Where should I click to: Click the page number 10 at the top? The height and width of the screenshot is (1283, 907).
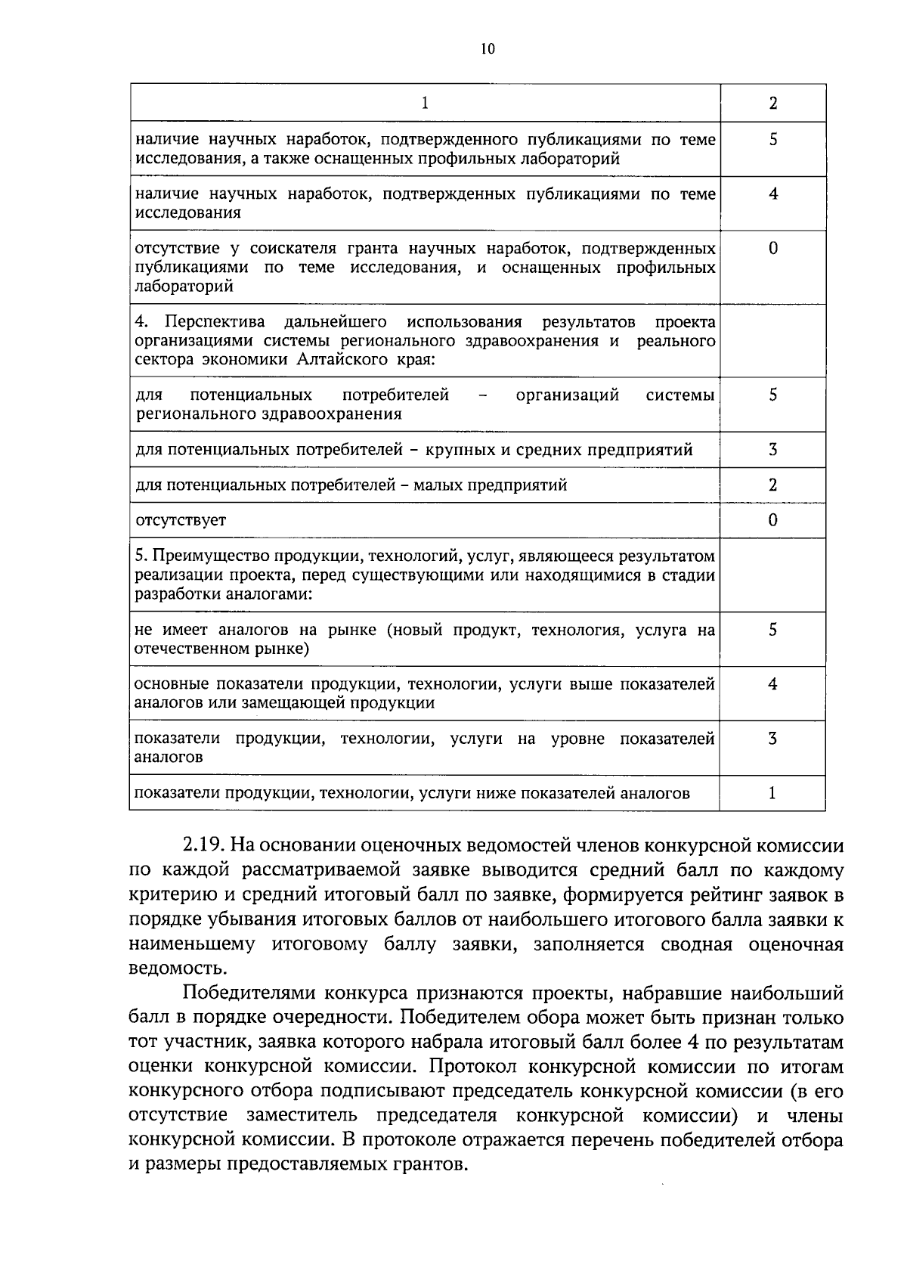(x=487, y=49)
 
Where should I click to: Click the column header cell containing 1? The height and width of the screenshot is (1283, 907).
(x=425, y=104)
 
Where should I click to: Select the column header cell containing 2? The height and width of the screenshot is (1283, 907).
(x=772, y=104)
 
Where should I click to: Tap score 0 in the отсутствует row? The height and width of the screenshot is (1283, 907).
(x=772, y=520)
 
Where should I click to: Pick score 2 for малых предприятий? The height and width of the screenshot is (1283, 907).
(x=772, y=485)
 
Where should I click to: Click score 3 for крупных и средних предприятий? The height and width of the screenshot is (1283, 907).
(x=772, y=450)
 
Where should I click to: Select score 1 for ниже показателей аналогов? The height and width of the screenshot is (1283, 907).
(x=772, y=793)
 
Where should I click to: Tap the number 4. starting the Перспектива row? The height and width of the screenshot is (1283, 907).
(x=141, y=323)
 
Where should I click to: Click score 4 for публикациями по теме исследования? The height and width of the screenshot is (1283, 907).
(x=772, y=194)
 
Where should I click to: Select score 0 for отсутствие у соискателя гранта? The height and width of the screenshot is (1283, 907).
(x=772, y=249)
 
